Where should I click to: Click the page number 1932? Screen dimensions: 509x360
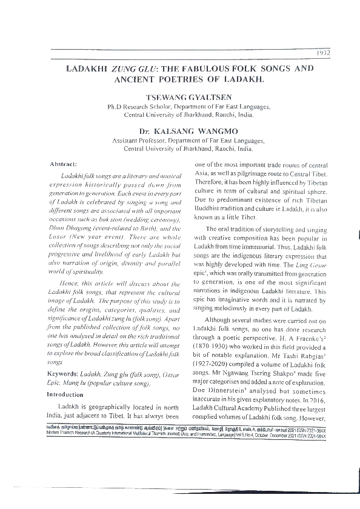click(x=322, y=52)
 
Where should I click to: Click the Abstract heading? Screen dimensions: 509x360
click(x=72, y=164)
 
